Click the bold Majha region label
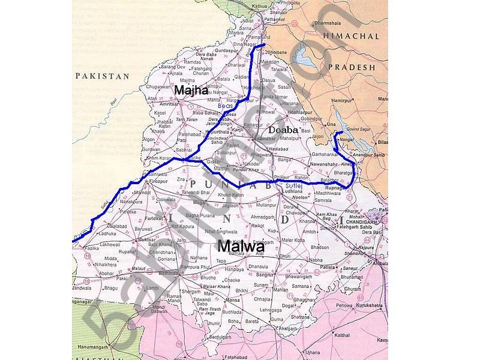coord(191,90)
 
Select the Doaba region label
coord(283,129)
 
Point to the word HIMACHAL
coord(352,37)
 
